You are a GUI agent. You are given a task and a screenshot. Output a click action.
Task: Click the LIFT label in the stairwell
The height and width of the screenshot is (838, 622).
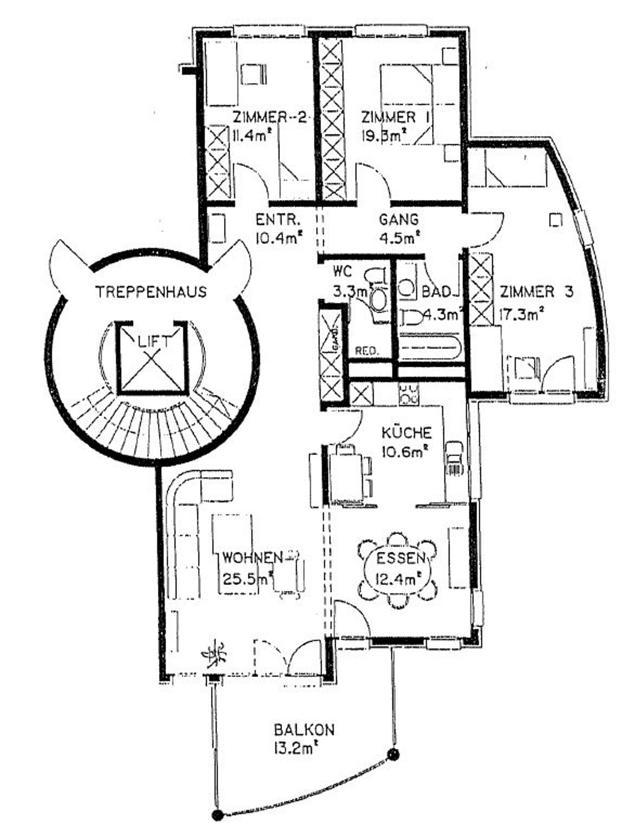pos(152,342)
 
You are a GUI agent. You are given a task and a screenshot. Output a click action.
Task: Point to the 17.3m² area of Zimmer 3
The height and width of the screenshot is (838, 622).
pos(522,313)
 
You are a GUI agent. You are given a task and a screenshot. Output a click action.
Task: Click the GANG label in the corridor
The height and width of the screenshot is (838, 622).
pos(399,219)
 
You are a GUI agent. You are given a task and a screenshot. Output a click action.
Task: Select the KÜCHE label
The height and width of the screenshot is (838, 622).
pos(407,433)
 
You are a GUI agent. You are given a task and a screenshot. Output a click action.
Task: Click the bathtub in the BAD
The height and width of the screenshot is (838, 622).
pos(429,347)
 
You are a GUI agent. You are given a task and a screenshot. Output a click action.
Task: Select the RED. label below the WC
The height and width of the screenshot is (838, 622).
pos(367,351)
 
